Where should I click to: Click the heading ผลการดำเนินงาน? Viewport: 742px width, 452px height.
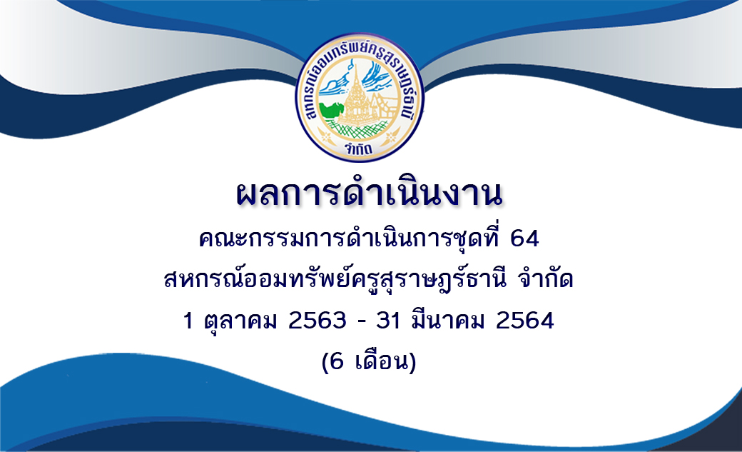[x=369, y=194]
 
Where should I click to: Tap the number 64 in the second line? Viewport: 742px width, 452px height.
[x=524, y=238]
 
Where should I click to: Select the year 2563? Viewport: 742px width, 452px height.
[x=317, y=321]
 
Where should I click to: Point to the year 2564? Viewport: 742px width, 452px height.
[x=525, y=321]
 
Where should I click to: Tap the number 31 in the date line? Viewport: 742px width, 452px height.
[x=388, y=321]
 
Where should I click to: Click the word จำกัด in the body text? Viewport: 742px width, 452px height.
[x=546, y=278]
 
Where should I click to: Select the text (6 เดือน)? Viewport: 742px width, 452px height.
[x=369, y=363]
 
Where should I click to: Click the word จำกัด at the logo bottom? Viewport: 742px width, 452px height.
[x=359, y=149]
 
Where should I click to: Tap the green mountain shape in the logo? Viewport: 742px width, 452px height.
[x=331, y=109]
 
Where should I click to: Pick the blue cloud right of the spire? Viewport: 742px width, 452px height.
[x=377, y=75]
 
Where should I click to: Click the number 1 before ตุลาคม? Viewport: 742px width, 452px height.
[x=188, y=321]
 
